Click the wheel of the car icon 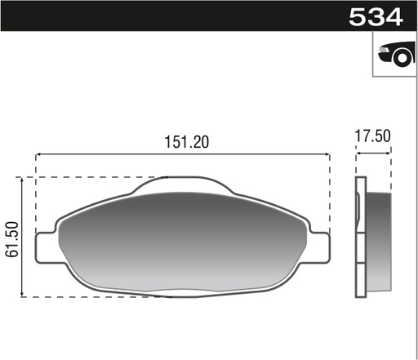(400, 58)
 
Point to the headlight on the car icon (384, 51)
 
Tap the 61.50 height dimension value (12, 238)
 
